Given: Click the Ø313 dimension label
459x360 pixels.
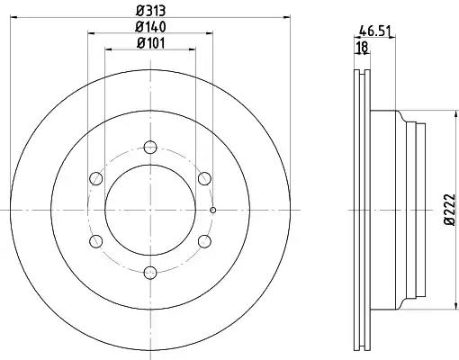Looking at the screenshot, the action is pos(150,11).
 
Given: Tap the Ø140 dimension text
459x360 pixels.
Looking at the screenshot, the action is pos(150,27).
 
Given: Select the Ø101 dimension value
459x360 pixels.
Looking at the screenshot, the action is pos(150,43).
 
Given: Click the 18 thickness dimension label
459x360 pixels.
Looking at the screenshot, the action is pos(363,47).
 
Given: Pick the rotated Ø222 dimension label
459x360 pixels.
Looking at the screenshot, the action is pos(449,210).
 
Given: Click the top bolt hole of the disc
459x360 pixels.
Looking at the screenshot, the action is pos(150,147).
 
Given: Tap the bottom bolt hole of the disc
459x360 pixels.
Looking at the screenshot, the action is pos(150,273).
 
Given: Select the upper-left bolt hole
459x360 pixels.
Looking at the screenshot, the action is pos(96,178).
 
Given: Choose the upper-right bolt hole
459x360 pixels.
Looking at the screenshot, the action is pos(204,178).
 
